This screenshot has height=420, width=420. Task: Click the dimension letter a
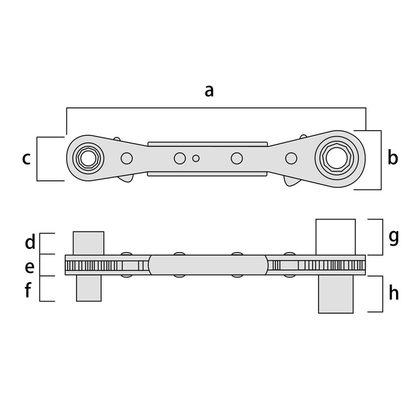(209, 91)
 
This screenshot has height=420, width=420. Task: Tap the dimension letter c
(26, 159)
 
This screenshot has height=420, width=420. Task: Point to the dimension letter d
(30, 242)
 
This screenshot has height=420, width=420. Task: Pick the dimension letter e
(30, 267)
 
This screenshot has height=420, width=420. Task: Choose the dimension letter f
(28, 289)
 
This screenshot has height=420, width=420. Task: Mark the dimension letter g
(394, 237)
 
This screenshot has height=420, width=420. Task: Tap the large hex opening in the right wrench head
(337, 158)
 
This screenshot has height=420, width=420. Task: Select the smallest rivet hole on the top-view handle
(196, 158)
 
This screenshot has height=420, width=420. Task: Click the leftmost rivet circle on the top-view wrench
(127, 158)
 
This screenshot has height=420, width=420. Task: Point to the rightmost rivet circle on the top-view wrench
(291, 158)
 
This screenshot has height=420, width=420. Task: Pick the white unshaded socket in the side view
(335, 237)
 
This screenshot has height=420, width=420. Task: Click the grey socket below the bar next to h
(335, 294)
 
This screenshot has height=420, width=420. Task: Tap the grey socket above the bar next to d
(89, 243)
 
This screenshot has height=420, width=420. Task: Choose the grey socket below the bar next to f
(89, 288)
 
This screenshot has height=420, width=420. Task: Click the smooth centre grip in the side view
(208, 265)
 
